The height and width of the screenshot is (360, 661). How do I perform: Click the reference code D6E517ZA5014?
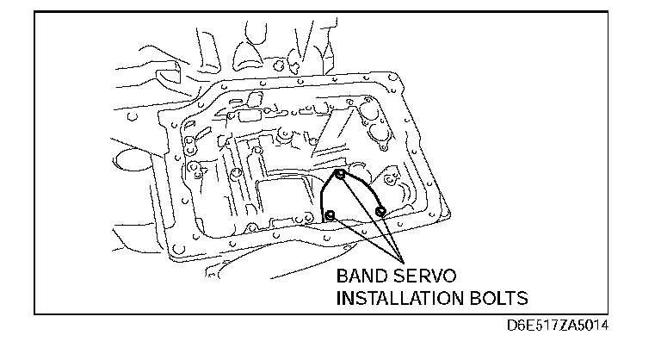tap(560, 328)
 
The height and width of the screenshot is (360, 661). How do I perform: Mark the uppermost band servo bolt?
tap(341, 176)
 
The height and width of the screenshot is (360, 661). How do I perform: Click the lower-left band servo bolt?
tap(329, 214)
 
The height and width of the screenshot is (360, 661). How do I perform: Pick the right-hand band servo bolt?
tap(380, 211)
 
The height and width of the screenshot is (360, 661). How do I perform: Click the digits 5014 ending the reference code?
tap(599, 328)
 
